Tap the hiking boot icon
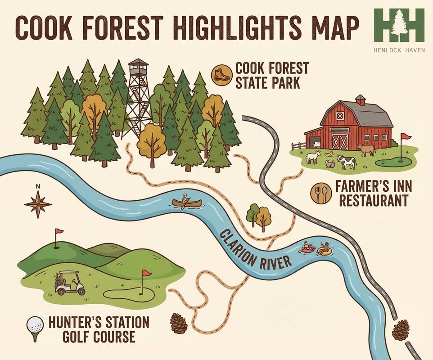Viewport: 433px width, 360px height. point(222,74)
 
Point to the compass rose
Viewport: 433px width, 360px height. point(38,204)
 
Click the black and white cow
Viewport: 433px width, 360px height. point(347,161)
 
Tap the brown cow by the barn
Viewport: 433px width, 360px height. point(366,149)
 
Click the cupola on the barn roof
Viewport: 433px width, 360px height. point(360,100)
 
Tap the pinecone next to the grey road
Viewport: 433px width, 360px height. point(401,330)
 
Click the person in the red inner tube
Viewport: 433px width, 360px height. point(307,248)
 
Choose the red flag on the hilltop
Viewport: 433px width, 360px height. point(58,233)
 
